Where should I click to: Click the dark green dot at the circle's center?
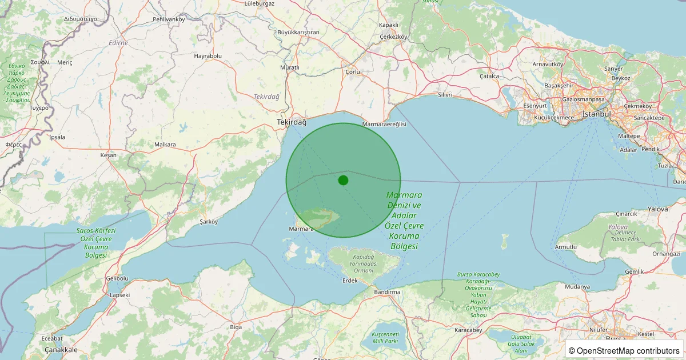click(343, 180)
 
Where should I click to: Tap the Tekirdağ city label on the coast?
click(292, 122)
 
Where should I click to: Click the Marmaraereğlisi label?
click(384, 124)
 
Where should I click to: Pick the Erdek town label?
click(349, 281)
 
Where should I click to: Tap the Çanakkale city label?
click(61, 350)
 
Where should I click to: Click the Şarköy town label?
click(208, 222)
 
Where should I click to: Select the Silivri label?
click(445, 94)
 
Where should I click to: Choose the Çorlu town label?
click(353, 72)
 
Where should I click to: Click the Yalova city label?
click(657, 209)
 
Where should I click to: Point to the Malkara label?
click(165, 145)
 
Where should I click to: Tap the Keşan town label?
click(108, 155)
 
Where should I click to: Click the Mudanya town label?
click(577, 286)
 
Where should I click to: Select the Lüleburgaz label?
click(259, 3)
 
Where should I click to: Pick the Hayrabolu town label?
click(208, 56)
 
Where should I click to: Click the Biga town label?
click(236, 327)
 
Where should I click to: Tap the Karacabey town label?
click(468, 330)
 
